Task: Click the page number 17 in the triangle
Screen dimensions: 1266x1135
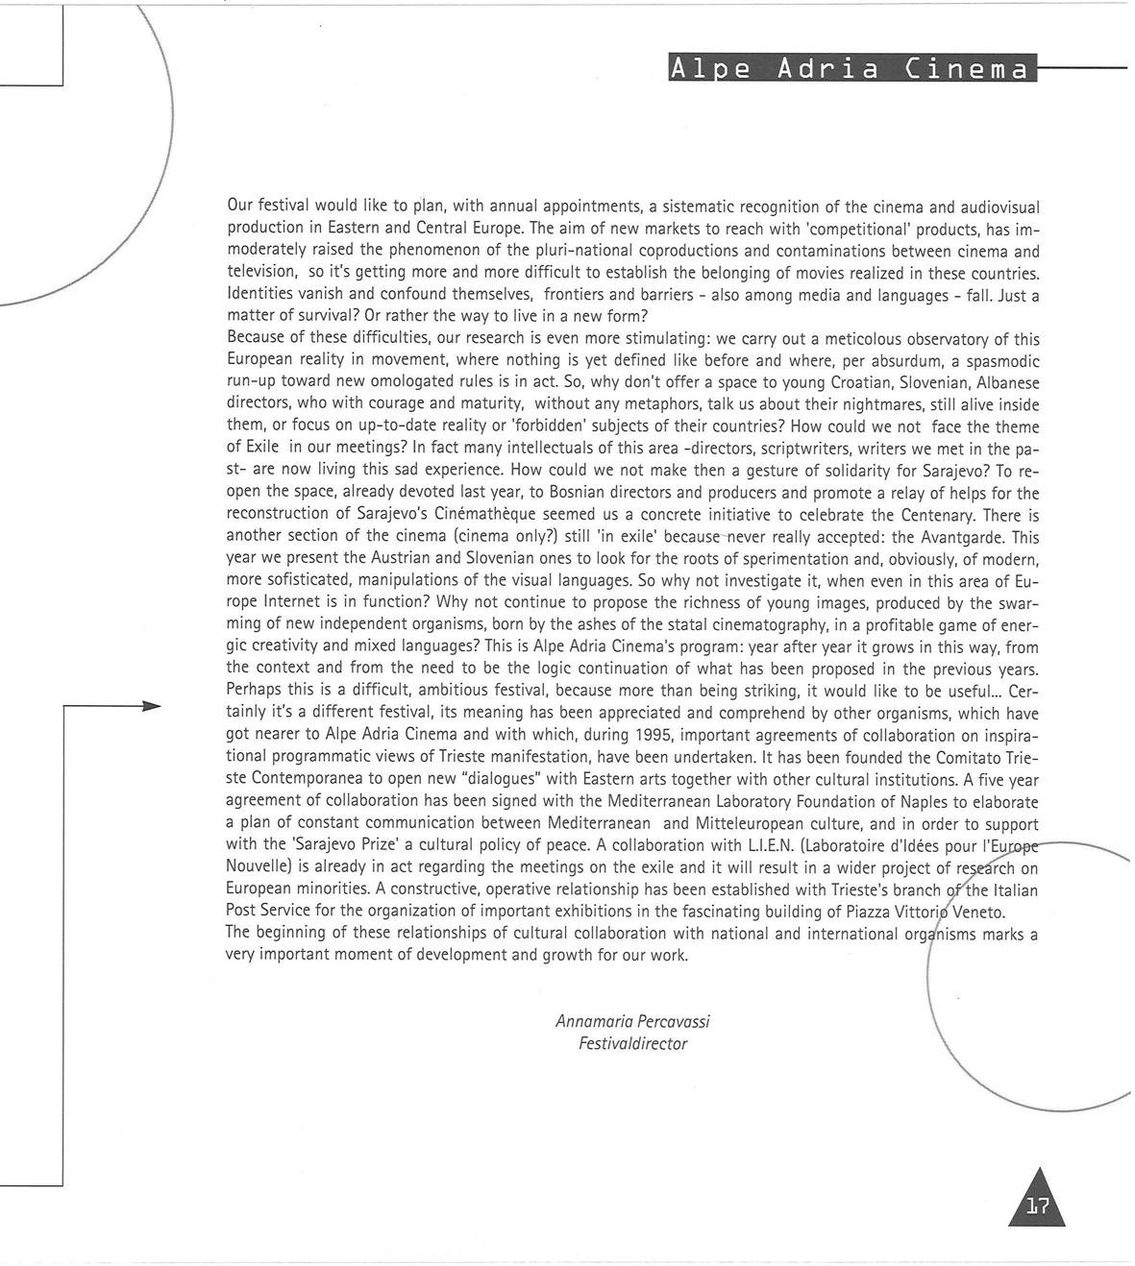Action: pos(1037,1207)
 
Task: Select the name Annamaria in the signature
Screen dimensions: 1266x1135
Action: pos(593,1021)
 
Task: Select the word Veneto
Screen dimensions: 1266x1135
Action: pos(977,912)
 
